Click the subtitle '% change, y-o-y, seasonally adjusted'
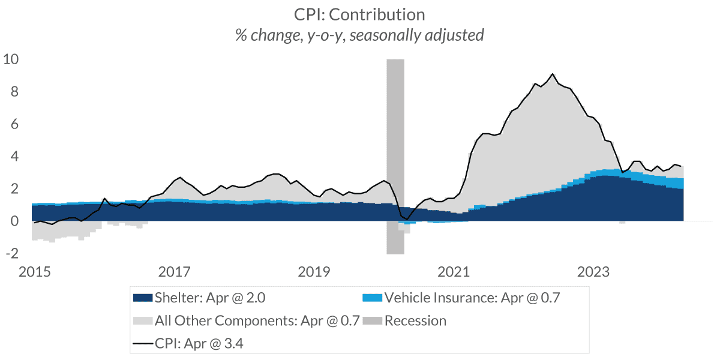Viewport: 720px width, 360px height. [x=359, y=35]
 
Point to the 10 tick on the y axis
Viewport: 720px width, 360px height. [x=11, y=59]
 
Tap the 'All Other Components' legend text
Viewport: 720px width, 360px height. [x=257, y=320]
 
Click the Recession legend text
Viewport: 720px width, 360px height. [x=415, y=320]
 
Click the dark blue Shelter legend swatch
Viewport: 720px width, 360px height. [x=142, y=298]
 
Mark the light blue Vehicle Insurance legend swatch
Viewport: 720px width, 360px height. [x=372, y=298]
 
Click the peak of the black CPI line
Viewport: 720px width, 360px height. [x=552, y=74]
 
